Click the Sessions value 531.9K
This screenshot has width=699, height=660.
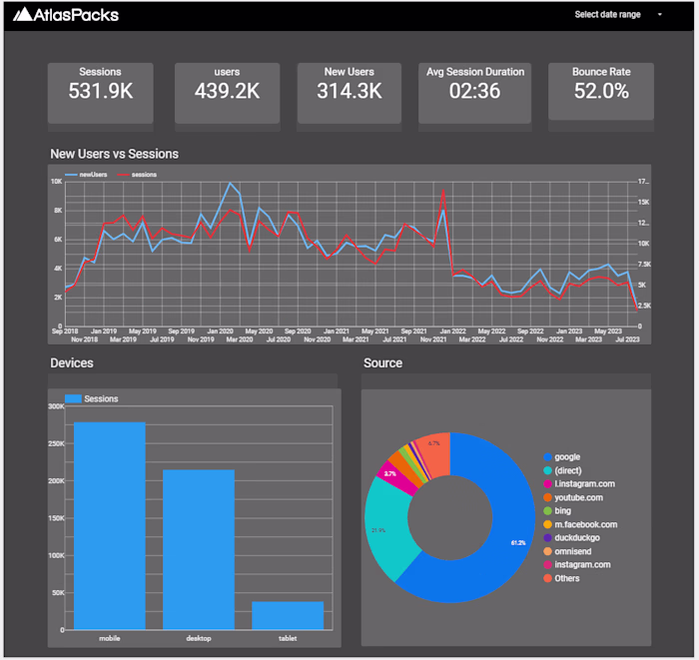pyautogui.click(x=100, y=91)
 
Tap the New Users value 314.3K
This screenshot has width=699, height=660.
pyautogui.click(x=349, y=91)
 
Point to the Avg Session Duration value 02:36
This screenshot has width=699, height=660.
pyautogui.click(x=474, y=91)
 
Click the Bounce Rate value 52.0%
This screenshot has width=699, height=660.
pyautogui.click(x=601, y=91)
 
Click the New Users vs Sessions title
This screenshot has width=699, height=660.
pyautogui.click(x=114, y=154)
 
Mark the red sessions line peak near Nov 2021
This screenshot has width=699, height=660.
pyautogui.click(x=442, y=191)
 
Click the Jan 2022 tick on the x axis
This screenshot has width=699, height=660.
pyautogui.click(x=451, y=330)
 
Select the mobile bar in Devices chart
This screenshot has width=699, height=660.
pyautogui.click(x=109, y=525)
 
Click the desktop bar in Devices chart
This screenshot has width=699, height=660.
pyautogui.click(x=199, y=548)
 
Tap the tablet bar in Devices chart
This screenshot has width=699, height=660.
pyautogui.click(x=288, y=614)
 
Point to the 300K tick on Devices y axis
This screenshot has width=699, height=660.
pyautogui.click(x=55, y=406)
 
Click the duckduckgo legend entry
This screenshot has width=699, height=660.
pyautogui.click(x=581, y=537)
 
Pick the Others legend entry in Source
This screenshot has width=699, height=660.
pyautogui.click(x=566, y=578)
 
